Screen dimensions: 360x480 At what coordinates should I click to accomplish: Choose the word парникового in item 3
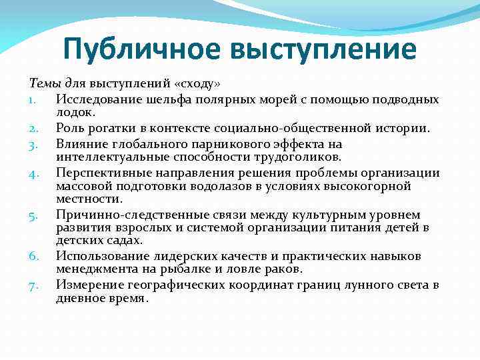(227, 143)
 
